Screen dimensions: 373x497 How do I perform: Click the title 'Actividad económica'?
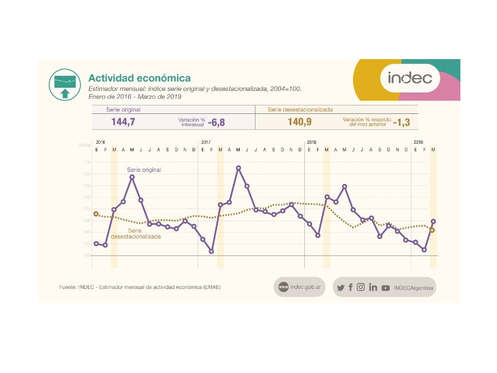140,78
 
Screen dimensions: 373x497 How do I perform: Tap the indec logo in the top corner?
410,78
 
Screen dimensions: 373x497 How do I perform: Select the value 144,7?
123,122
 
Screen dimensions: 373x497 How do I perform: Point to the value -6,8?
216,122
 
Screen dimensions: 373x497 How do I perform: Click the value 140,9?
300,122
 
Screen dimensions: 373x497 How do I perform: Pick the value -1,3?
401,122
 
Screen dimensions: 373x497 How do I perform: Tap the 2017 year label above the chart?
206,142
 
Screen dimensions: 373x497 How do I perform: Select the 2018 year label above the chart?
311,142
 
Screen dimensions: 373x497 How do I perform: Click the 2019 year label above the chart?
418,142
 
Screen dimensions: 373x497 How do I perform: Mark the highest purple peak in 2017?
238,168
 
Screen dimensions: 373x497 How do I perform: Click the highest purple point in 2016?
132,177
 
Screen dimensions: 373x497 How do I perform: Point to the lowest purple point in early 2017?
212,251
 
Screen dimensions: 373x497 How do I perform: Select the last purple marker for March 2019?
433,221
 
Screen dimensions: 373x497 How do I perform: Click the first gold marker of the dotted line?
96,214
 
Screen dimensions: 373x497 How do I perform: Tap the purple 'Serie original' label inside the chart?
144,169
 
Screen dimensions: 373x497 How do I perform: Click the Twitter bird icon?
340,288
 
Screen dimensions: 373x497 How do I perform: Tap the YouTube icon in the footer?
385,288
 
